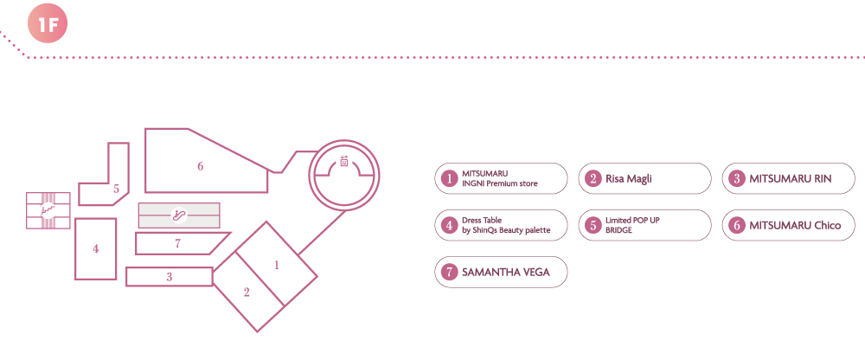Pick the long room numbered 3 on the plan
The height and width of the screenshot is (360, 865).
tap(170, 277)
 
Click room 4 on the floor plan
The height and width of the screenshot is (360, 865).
tap(96, 249)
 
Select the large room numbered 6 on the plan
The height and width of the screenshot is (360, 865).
tap(201, 165)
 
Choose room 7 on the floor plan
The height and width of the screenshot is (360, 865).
tap(178, 243)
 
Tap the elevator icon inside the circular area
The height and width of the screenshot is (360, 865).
tap(343, 162)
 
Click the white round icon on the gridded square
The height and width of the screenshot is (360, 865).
tap(48, 209)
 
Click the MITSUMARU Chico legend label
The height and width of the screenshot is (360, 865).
tap(795, 226)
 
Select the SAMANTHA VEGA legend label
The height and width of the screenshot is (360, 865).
tap(504, 272)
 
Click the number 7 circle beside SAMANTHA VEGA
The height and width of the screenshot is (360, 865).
tap(448, 272)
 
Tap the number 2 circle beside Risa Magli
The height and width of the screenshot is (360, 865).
tap(593, 179)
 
